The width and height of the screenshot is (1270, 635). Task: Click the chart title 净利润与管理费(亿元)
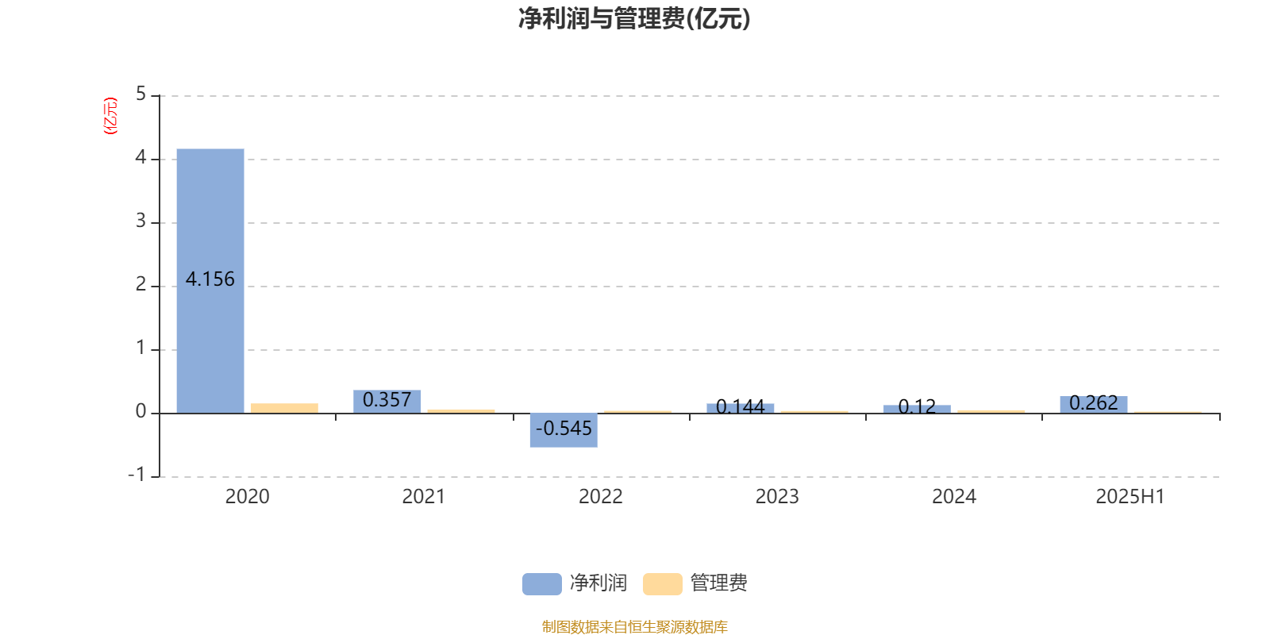point(634,19)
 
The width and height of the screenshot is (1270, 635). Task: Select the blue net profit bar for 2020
point(210,281)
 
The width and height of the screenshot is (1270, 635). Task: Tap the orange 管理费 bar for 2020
point(285,408)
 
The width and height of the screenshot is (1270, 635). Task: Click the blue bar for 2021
point(387,402)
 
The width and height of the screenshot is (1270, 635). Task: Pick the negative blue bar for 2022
point(564,430)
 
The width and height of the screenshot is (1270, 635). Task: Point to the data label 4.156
point(210,279)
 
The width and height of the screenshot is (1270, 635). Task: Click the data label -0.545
point(564,428)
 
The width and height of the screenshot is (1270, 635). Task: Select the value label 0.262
point(1094,403)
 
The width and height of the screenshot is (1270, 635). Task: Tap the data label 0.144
point(741,406)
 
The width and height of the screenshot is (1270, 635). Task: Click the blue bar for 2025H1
point(1094,405)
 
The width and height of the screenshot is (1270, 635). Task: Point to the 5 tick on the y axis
point(140,94)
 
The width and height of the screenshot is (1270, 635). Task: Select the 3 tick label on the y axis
point(140,221)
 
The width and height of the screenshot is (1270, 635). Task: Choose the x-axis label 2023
point(777,497)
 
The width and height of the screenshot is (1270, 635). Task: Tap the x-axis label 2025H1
point(1130,497)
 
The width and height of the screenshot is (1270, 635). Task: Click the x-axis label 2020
point(247,497)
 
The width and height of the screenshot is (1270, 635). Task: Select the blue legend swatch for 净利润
point(542,584)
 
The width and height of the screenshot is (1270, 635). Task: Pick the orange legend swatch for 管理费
point(662,584)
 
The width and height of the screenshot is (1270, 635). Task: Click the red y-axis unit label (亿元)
point(110,116)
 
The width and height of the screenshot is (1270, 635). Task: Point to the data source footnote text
point(634,626)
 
